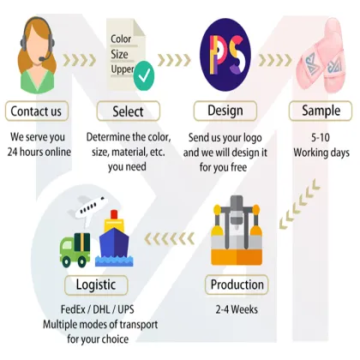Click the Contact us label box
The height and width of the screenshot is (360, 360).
[x=37, y=111]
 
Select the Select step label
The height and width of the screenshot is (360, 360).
[x=129, y=111]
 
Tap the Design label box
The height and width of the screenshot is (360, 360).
[x=225, y=111]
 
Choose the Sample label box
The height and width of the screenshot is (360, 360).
[x=321, y=111]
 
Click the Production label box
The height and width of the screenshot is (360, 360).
[x=237, y=285]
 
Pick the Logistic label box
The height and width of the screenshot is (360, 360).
[x=96, y=285]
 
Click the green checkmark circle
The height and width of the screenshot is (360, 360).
[x=144, y=75]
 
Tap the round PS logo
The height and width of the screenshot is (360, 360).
[x=225, y=55]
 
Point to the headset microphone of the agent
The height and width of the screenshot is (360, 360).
[x=42, y=59]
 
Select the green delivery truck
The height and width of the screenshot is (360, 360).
[x=75, y=250]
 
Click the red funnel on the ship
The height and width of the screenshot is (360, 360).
[x=114, y=214]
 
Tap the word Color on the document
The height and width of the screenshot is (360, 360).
[x=121, y=39]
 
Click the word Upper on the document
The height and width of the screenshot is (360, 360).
[x=123, y=69]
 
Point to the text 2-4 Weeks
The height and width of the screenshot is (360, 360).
[x=237, y=309]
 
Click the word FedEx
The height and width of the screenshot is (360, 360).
[x=73, y=309]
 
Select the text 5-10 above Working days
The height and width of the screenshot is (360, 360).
[x=321, y=138]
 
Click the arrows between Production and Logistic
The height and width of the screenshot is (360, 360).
[x=170, y=239]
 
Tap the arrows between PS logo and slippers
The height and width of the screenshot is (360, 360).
[x=275, y=60]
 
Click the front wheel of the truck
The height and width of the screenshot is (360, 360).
[x=66, y=261]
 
